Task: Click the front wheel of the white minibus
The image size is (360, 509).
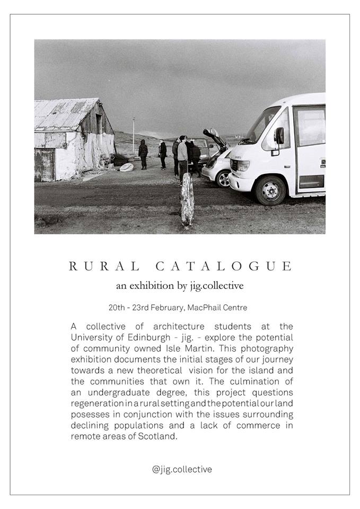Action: tap(271, 189)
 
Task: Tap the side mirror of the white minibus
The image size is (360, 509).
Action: tap(279, 135)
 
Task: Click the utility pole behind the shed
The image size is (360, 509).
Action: tap(134, 135)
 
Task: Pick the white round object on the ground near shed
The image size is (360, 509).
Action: tap(127, 167)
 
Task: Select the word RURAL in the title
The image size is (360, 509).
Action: tap(104, 266)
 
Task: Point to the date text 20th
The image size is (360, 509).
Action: tap(117, 308)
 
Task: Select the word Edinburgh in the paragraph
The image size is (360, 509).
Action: tap(153, 337)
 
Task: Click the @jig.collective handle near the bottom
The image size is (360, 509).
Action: tap(182, 469)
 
